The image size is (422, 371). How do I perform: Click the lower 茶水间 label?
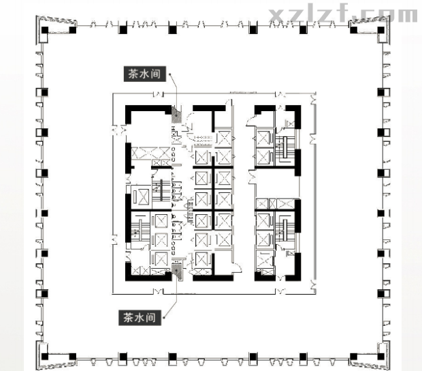click(140, 318)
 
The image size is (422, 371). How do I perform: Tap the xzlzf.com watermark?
click(343, 14)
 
